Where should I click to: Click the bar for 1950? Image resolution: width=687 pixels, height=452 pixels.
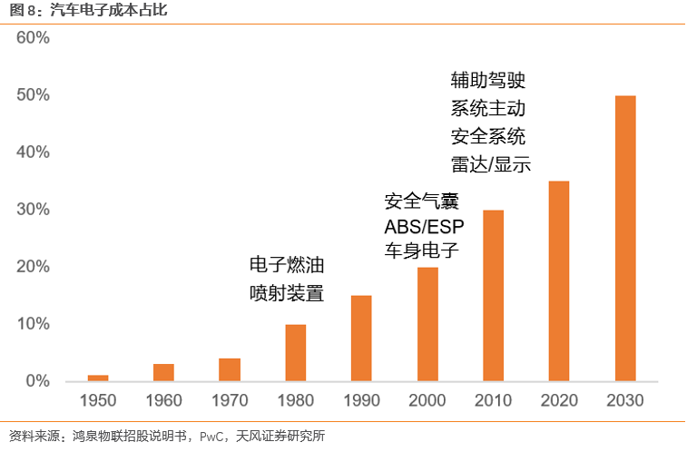[98, 378]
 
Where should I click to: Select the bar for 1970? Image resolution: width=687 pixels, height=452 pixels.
[230, 369]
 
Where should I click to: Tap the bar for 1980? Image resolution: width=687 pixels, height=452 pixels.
[296, 352]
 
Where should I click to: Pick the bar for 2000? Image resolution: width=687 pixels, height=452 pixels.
[427, 324]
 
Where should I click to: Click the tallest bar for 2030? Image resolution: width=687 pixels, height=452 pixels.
[625, 238]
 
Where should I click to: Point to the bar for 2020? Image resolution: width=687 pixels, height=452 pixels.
[559, 280]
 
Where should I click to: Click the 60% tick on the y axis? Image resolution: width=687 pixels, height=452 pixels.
[33, 38]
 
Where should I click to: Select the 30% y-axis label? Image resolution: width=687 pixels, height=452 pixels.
[33, 210]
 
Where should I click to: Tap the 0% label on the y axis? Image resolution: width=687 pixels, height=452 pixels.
[37, 381]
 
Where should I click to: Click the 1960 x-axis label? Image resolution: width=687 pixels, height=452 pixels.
[163, 401]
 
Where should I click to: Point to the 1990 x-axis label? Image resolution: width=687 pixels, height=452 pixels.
[361, 401]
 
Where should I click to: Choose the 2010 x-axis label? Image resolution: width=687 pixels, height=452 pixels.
[494, 401]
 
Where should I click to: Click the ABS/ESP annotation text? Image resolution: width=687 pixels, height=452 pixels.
[422, 224]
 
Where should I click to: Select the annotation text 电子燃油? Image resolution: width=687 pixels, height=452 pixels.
[287, 266]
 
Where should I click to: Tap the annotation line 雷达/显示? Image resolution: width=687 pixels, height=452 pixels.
[490, 165]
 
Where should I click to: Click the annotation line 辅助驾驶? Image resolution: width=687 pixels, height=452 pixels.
[488, 80]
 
